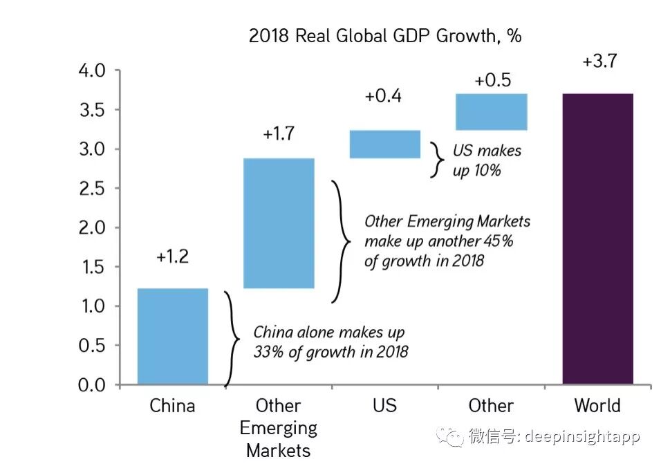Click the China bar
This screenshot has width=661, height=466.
coord(173,336)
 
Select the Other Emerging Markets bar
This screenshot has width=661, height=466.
coord(279,223)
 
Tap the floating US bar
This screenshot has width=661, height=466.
coord(385,144)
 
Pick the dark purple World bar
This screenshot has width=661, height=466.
coord(597,239)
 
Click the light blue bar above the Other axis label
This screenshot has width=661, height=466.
coord(492,111)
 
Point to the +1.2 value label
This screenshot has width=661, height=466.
coord(172,257)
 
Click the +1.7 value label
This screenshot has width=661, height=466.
coord(279,133)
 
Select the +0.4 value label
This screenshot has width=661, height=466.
coord(383,96)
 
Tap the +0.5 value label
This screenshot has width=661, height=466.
coord(492,80)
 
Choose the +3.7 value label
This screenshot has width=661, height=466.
coord(599,62)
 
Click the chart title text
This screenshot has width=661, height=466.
coord(385,36)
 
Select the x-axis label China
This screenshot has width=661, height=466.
coord(172,405)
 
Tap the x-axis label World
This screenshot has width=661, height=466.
coord(597,405)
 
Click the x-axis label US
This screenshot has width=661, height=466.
coord(384,405)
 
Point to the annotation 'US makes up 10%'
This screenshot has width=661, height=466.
coord(487,160)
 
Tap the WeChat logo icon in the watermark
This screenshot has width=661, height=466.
coord(454,437)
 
